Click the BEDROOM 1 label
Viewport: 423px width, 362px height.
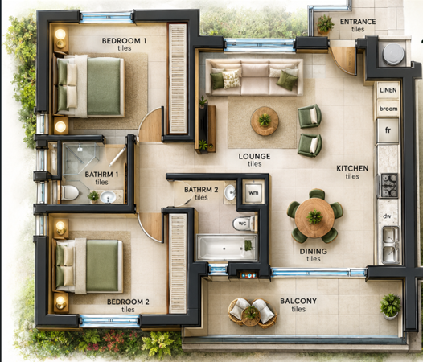click(124, 41)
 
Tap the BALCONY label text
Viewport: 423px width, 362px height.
click(298, 301)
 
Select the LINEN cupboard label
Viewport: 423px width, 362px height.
click(388, 90)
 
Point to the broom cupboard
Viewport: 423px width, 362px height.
click(388, 109)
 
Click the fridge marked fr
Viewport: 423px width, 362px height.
click(388, 130)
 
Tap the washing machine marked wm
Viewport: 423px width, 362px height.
click(253, 193)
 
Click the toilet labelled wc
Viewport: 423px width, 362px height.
click(244, 224)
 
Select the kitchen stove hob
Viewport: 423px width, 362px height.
click(389, 185)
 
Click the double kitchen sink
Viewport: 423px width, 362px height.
click(390, 245)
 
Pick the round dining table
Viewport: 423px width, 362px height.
click(314, 217)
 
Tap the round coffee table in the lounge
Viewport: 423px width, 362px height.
click(265, 121)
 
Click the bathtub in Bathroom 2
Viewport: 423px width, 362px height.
click(227, 248)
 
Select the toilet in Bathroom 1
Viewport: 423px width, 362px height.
click(69, 192)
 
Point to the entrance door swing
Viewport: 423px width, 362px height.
click(343, 60)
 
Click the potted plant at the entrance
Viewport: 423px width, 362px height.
click(325, 25)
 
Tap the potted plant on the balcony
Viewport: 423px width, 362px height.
click(390, 306)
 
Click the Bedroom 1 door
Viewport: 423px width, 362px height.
click(150, 125)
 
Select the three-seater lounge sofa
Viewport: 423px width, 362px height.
click(254, 77)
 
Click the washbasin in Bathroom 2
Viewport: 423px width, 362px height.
click(230, 193)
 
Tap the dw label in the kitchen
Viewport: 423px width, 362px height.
click(387, 216)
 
